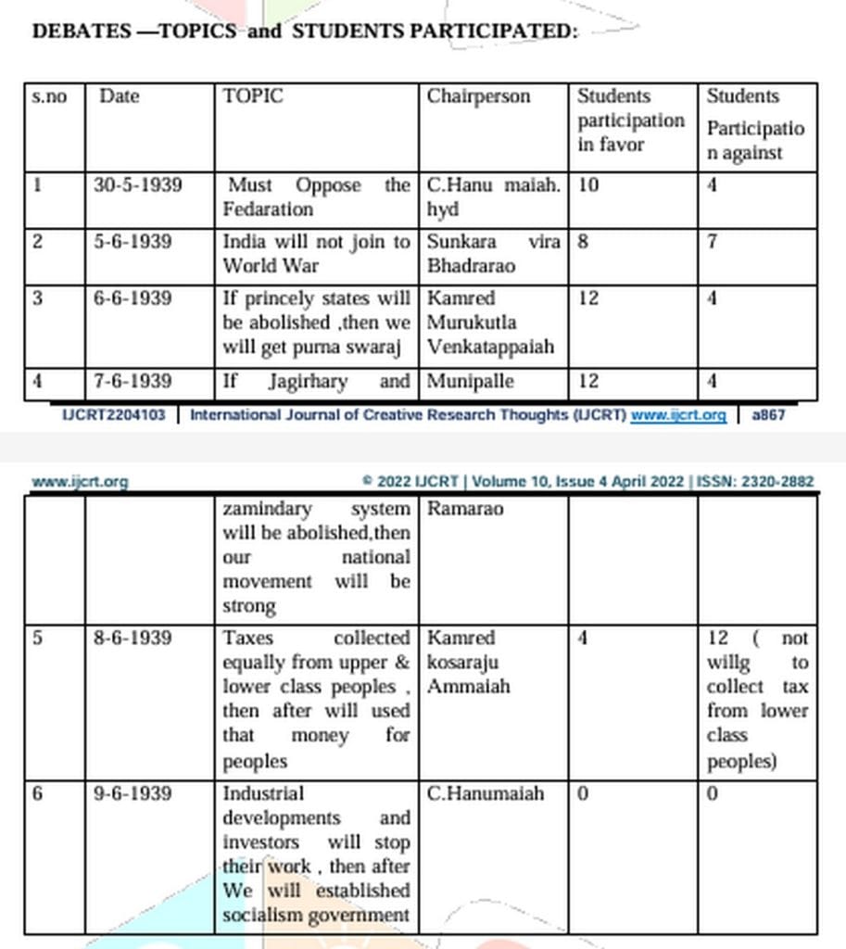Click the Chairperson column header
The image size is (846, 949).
478,96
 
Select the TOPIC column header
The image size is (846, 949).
252,96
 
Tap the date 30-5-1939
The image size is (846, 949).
138,185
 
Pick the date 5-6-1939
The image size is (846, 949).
133,242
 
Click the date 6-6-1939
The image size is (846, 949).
133,298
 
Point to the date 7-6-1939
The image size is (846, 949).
133,381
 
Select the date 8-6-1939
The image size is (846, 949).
133,638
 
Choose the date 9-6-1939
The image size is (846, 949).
133,794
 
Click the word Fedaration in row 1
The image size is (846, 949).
268,209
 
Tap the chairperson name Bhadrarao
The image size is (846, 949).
471,266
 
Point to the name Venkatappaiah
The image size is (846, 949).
490,347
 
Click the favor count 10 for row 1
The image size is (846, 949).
587,185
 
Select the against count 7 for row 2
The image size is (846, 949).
712,242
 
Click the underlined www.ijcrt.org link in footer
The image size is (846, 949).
677,415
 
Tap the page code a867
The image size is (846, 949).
768,415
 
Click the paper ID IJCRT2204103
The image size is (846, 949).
113,415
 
